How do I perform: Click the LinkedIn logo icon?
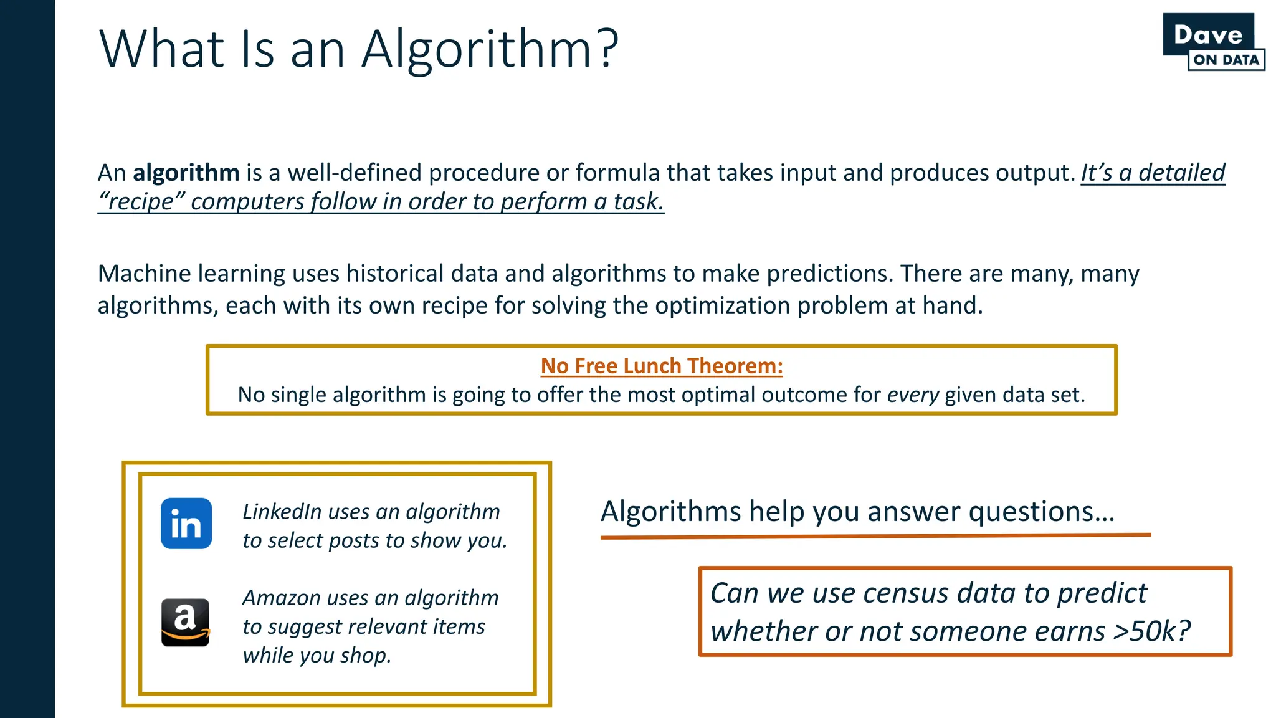[x=186, y=524]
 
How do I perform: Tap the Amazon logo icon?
[x=186, y=623]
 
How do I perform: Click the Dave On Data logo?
[x=1212, y=42]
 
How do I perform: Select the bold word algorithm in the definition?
[x=186, y=173]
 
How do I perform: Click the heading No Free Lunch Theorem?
[x=661, y=366]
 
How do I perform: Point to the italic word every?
[x=913, y=395]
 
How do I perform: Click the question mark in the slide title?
[x=606, y=49]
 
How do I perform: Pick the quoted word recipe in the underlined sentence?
[x=142, y=202]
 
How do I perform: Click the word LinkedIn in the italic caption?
[x=282, y=512]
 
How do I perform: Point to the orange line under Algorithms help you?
[x=875, y=536]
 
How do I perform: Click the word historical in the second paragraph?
[x=395, y=274]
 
